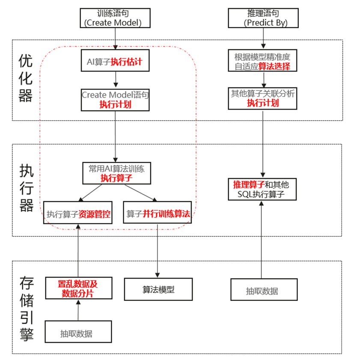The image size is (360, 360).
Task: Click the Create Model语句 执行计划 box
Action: coord(115,100)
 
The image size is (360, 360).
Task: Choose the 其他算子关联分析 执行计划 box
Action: coord(263,98)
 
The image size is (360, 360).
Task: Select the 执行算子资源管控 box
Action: coord(78,213)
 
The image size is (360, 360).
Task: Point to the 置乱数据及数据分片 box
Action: coord(78,289)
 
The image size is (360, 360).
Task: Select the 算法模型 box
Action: coord(158,289)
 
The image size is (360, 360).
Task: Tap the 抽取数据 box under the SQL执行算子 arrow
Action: coord(263,290)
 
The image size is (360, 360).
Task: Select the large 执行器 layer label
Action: coord(26,188)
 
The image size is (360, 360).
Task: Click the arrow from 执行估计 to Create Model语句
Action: coord(115,80)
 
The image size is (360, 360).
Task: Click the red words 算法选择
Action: coord(277,66)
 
